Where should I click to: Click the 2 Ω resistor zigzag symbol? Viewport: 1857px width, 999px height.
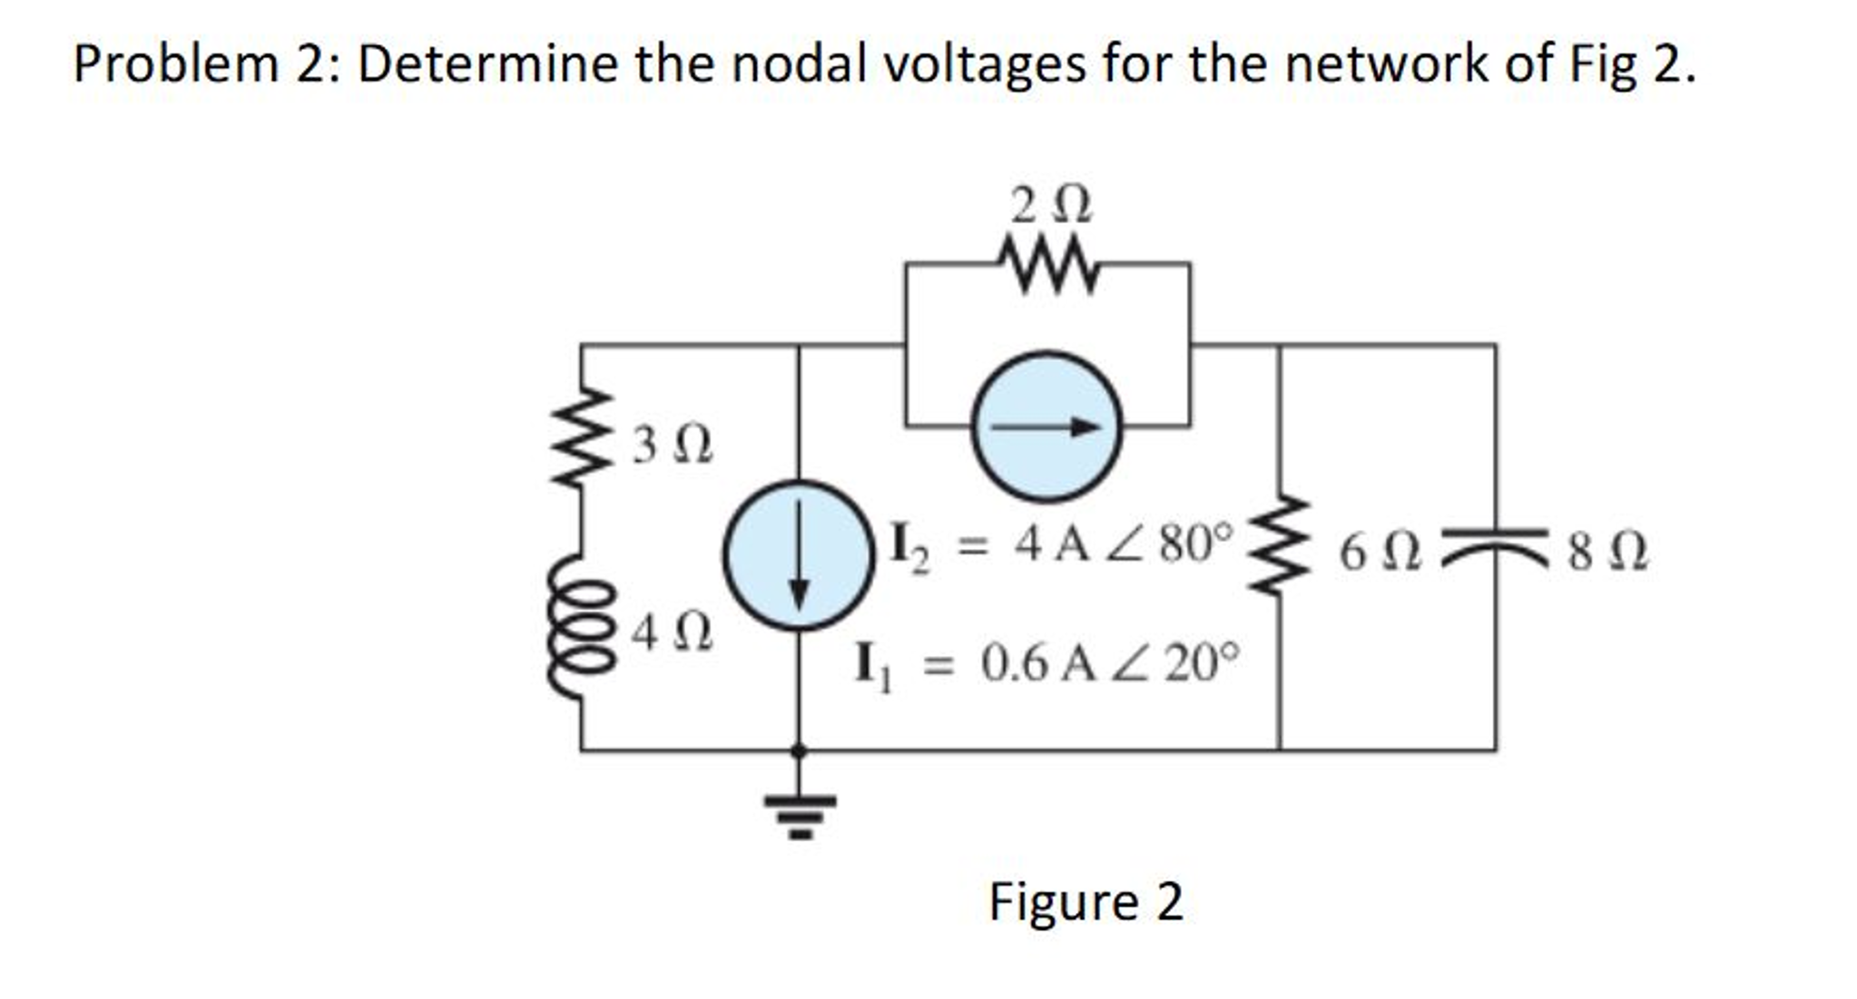(1048, 265)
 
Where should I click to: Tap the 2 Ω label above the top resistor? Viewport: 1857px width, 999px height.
(1051, 205)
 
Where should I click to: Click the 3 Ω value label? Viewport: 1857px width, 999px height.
(672, 446)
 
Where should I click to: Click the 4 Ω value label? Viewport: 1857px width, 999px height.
(672, 632)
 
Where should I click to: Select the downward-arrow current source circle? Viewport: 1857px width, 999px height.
(799, 555)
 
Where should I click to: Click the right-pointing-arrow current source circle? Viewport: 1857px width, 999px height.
(1046, 426)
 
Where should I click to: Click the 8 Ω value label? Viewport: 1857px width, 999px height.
(1607, 553)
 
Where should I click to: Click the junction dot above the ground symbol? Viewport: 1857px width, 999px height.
(799, 750)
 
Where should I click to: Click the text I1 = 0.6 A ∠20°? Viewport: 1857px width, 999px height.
(1046, 664)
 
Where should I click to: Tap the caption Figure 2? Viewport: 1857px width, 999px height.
(1086, 902)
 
